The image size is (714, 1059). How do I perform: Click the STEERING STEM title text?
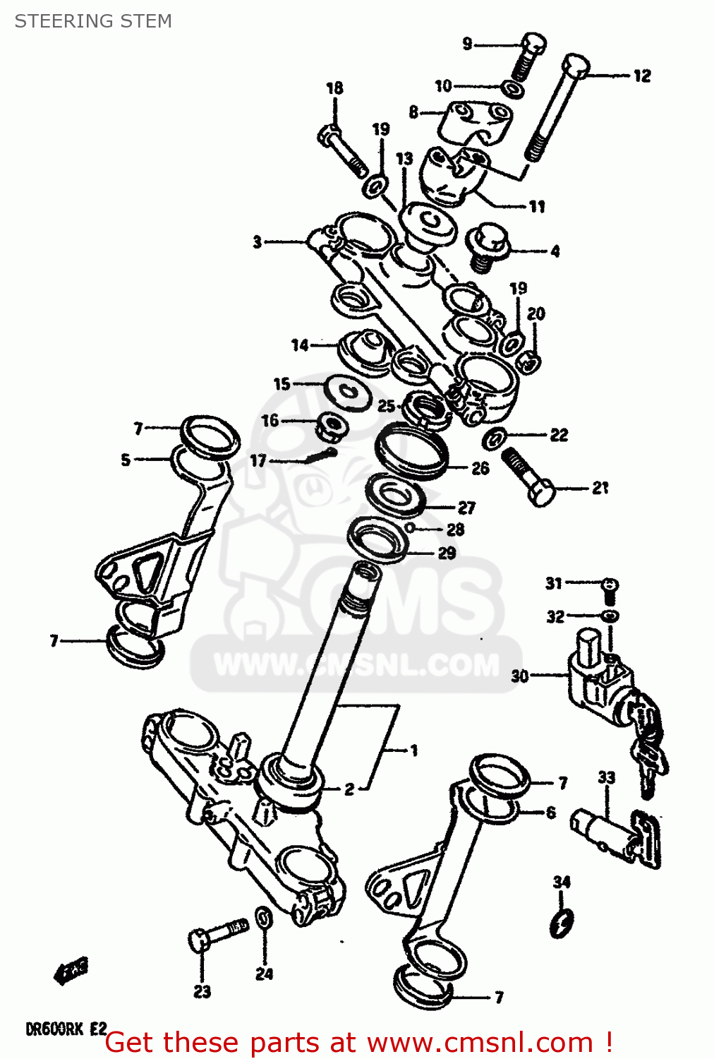pos(93,21)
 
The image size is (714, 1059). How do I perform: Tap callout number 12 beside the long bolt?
pos(641,76)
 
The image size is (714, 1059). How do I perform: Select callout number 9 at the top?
pos(467,44)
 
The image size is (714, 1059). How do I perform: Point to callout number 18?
pos(334,88)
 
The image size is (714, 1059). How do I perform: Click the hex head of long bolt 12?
pos(576,66)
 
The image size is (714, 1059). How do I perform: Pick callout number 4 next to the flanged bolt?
pos(555,251)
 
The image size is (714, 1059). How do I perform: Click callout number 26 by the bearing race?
pos(480,468)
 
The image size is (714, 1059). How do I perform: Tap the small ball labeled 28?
pos(410,528)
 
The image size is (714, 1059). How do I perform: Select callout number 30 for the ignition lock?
pos(520,676)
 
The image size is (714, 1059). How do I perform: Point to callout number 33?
pos(606,777)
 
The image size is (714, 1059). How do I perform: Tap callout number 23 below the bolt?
pos(202,992)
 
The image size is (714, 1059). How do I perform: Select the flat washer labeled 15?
pos(348,392)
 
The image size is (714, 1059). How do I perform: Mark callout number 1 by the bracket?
pos(414,750)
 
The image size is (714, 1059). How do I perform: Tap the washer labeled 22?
pos(495,438)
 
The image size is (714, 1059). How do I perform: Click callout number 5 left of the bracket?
pos(126,460)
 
